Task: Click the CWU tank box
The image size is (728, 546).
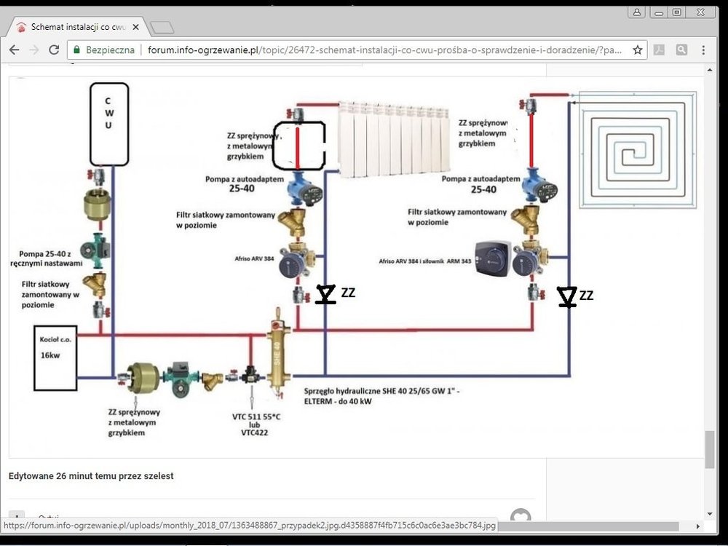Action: pos(109,124)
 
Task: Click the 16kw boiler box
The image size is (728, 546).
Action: pos(55,357)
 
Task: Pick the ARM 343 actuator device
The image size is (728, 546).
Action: pos(491,258)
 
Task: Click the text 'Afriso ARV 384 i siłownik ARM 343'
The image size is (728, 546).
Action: pos(425,261)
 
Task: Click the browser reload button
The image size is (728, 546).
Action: pos(54,50)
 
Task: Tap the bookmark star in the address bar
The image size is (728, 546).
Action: pos(638,50)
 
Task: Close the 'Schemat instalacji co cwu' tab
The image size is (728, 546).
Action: pos(135,28)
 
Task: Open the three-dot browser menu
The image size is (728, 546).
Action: pos(703,50)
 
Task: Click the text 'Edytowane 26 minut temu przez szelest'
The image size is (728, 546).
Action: pos(91,476)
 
